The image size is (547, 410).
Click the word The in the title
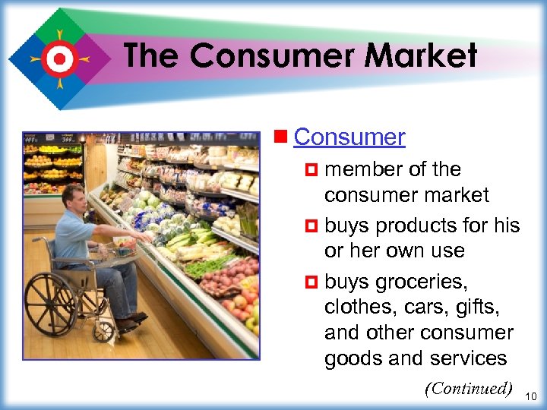152,56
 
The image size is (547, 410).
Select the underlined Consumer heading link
349,137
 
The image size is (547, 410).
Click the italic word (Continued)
469,389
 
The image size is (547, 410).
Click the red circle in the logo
58,58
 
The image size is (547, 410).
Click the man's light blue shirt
76,238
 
